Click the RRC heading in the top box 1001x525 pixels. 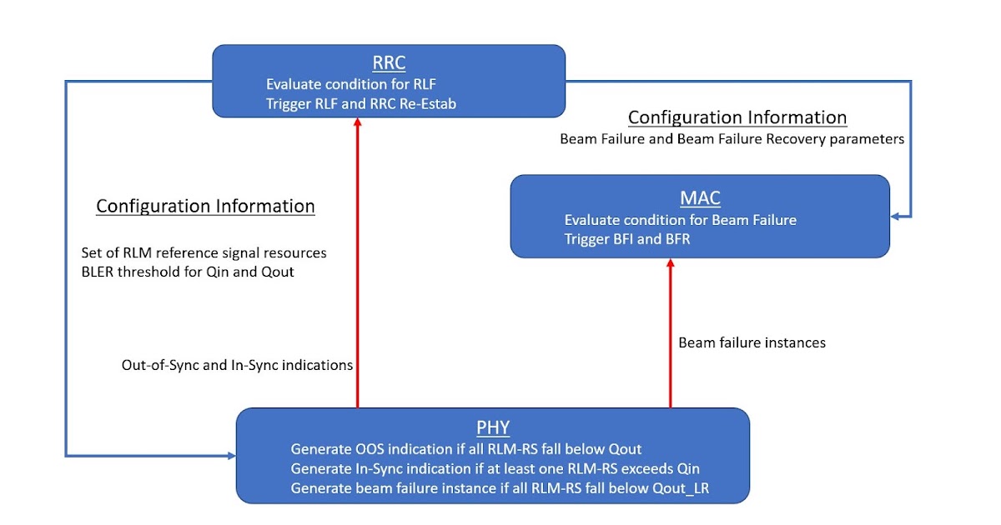(389, 63)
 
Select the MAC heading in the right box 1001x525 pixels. (701, 198)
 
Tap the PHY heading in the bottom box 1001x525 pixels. (493, 428)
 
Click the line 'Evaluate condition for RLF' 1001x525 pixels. (351, 84)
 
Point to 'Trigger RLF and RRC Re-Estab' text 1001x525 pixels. (362, 103)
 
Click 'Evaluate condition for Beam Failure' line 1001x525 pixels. (680, 220)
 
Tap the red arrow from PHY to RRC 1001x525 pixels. (357, 267)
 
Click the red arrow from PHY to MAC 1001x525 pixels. (670, 333)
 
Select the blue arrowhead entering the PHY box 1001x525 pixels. (231, 455)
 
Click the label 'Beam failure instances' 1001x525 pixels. (752, 342)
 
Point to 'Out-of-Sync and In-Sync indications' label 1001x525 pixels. (238, 365)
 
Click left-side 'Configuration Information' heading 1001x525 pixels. (205, 206)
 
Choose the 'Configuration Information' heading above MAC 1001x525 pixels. (737, 117)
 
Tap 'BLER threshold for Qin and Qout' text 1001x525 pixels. (187, 272)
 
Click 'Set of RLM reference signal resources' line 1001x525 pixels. (204, 252)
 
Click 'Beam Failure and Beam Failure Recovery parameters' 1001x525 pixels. (732, 139)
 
